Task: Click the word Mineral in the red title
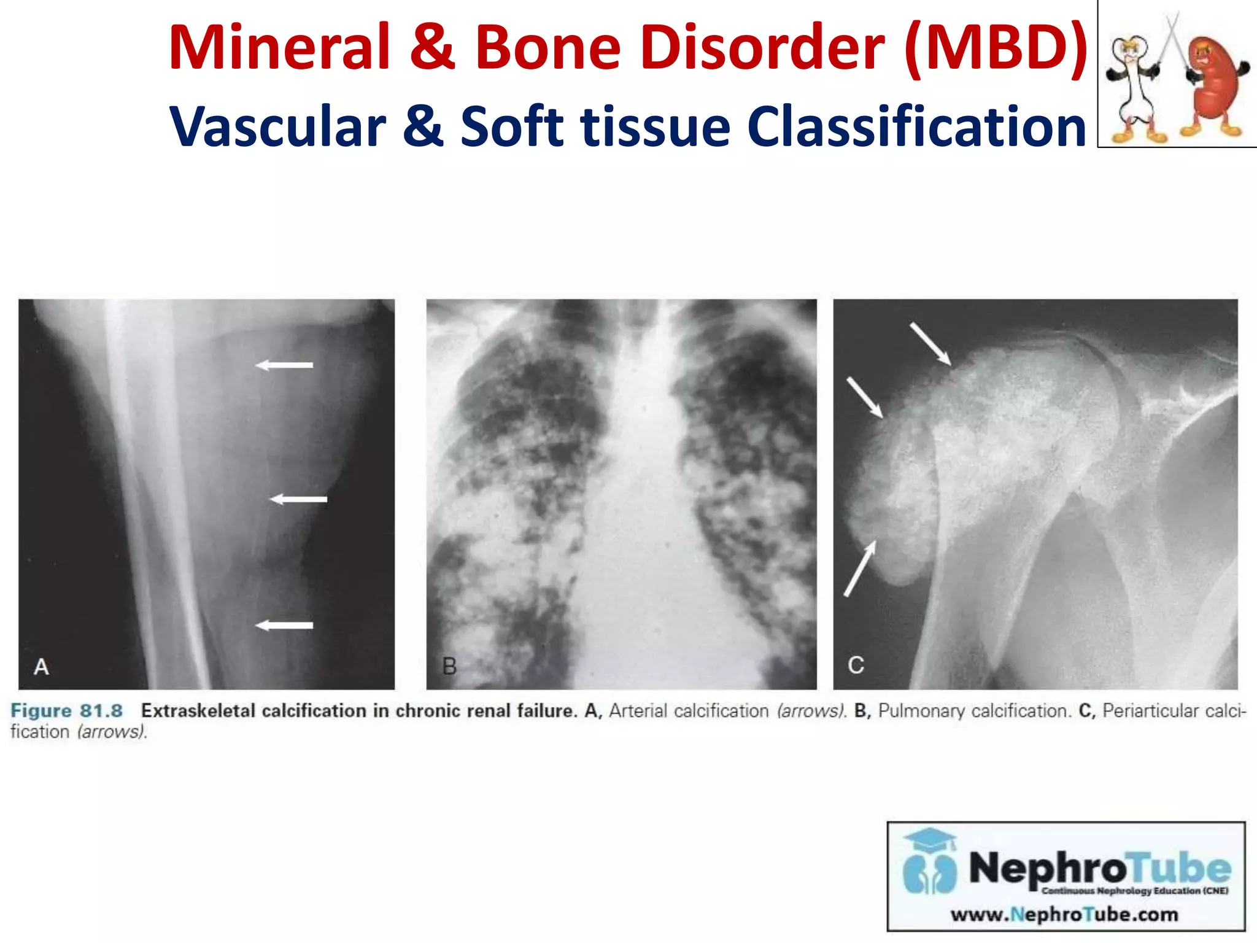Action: click(279, 48)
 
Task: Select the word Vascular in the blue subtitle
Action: click(277, 127)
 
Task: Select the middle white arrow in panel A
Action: click(299, 499)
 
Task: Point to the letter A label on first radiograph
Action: click(41, 667)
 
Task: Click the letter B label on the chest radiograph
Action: click(449, 667)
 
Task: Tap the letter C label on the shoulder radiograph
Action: click(856, 666)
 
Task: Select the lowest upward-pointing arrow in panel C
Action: click(860, 569)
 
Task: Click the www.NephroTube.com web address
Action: click(1064, 915)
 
